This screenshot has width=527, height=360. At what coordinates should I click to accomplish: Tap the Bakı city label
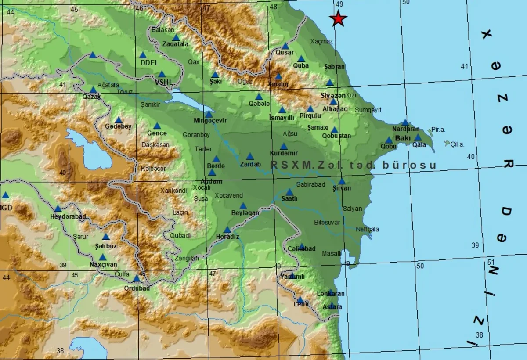click(x=402, y=138)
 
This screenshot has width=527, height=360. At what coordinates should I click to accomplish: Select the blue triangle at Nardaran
click(x=405, y=123)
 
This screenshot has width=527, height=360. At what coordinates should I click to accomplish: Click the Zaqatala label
click(x=175, y=44)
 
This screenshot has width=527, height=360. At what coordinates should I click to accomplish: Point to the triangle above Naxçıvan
click(x=103, y=257)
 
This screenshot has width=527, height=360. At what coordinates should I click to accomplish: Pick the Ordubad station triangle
click(x=137, y=278)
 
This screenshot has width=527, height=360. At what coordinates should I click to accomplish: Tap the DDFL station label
click(x=149, y=63)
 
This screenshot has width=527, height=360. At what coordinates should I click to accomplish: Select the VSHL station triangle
click(x=162, y=74)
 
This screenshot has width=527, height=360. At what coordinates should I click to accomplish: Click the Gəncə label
click(x=157, y=133)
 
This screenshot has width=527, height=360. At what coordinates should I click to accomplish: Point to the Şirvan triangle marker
click(x=342, y=181)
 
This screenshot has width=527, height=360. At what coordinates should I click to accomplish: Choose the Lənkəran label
click(x=331, y=293)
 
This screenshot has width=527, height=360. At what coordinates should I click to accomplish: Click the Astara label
click(x=332, y=307)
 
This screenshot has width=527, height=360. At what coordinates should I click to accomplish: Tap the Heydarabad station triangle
click(x=58, y=209)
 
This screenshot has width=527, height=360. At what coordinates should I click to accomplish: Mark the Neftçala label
click(x=367, y=229)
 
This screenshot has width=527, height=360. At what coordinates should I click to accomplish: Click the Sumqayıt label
click(x=368, y=110)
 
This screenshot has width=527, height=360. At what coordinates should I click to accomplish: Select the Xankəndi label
click(x=174, y=191)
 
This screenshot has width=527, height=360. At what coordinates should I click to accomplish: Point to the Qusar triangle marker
click(x=285, y=46)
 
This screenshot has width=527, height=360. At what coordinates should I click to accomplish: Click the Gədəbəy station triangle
click(x=119, y=120)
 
